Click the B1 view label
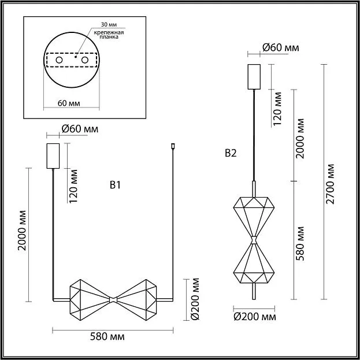point(115,185)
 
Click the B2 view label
point(231,153)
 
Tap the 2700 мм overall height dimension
point(330,184)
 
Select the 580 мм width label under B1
point(107,336)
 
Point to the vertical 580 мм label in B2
point(300,243)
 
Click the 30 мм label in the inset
point(109,24)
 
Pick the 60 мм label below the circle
point(69,103)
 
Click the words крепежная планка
point(109,35)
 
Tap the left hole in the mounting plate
point(60,60)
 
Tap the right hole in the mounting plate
point(85,60)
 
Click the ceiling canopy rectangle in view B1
point(53,156)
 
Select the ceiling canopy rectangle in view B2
point(254,77)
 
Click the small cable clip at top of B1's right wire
point(173,146)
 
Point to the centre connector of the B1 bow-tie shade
point(113,300)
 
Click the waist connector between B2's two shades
point(254,240)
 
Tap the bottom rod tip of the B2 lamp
point(254,299)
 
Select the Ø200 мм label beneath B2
point(255,317)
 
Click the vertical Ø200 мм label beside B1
point(195,299)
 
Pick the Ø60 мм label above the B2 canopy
point(281,47)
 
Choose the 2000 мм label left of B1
point(23,230)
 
